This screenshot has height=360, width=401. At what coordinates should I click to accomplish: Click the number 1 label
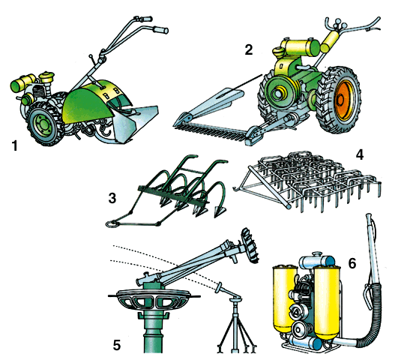click(15, 145)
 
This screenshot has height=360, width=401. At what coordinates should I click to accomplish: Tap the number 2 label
click(249, 49)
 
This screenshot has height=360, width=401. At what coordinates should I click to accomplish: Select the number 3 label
click(112, 198)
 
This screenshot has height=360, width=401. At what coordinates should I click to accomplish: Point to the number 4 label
click(360, 154)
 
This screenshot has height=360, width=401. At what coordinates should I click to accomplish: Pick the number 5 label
click(117, 345)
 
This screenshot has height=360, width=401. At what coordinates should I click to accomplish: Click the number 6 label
click(352, 263)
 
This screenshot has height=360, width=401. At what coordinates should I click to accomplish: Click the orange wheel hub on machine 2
click(343, 100)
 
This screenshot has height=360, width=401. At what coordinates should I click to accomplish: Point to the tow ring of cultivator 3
click(112, 223)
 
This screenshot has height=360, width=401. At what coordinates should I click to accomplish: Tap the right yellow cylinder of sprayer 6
click(328, 302)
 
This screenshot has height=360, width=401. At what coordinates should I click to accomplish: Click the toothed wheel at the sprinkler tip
click(250, 245)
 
